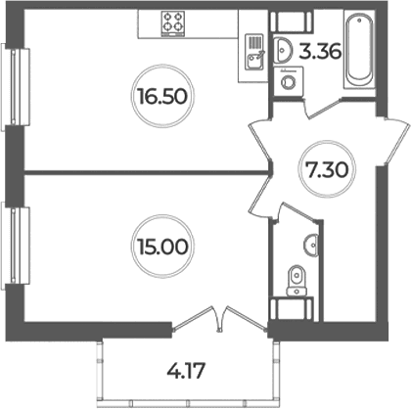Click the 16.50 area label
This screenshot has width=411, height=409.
point(162,97)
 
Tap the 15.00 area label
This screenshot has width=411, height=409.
point(162,247)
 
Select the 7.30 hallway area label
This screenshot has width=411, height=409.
point(327,169)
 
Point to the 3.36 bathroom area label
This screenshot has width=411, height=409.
point(320,52)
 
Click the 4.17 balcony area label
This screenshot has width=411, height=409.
point(186,371)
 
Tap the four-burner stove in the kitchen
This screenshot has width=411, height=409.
point(173,23)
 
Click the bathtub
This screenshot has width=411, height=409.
point(359,49)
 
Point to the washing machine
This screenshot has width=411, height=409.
point(288,81)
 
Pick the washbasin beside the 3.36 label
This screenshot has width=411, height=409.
point(280,50)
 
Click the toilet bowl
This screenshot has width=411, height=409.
point(297,280)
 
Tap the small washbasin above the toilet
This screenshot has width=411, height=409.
point(311,245)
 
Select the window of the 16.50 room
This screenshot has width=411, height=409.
point(16,86)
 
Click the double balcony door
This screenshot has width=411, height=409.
point(219,320)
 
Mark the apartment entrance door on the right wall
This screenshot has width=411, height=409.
point(396,141)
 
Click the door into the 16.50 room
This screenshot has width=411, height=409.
point(260,142)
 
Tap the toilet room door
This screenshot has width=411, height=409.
point(296,213)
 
